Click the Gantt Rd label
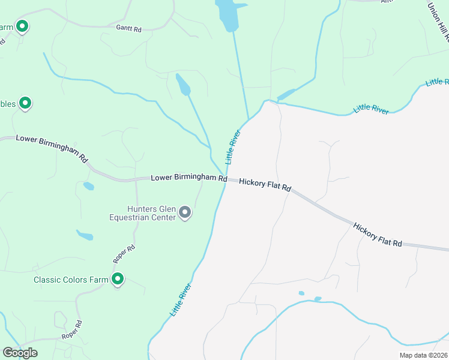click(128, 28)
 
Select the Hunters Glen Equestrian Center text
click(142, 213)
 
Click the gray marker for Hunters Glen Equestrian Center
click(185, 212)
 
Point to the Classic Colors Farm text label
click(70, 280)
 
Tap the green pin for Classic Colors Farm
click(118, 279)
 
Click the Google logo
click(20, 353)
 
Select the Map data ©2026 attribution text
click(424, 355)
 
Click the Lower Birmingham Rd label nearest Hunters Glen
click(188, 178)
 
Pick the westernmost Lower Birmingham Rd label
click(52, 148)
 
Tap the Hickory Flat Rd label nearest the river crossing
click(265, 184)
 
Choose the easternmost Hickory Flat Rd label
click(377, 235)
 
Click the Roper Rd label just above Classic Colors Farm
click(124, 254)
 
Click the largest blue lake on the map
click(228, 13)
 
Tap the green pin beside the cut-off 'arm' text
click(22, 26)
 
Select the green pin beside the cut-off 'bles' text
click(25, 103)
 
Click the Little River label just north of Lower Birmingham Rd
click(233, 148)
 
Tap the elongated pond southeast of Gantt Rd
click(182, 85)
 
